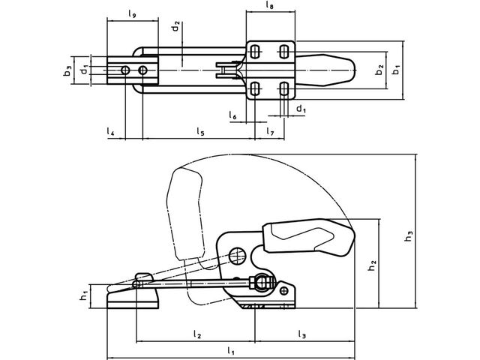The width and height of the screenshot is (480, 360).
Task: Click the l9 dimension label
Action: click(x=132, y=14)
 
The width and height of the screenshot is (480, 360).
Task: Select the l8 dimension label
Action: click(x=270, y=5)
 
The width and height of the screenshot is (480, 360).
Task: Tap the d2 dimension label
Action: click(x=175, y=27)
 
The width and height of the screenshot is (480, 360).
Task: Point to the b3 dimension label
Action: click(x=67, y=71)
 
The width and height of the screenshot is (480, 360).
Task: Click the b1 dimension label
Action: click(x=397, y=70)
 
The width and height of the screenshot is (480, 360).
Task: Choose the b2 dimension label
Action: click(x=379, y=70)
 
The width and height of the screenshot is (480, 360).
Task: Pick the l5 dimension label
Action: click(x=200, y=132)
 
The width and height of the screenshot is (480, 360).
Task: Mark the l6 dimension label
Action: click(x=232, y=115)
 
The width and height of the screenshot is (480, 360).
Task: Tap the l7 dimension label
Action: click(x=270, y=132)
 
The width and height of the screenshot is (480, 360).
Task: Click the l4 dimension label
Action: click(x=110, y=132)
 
